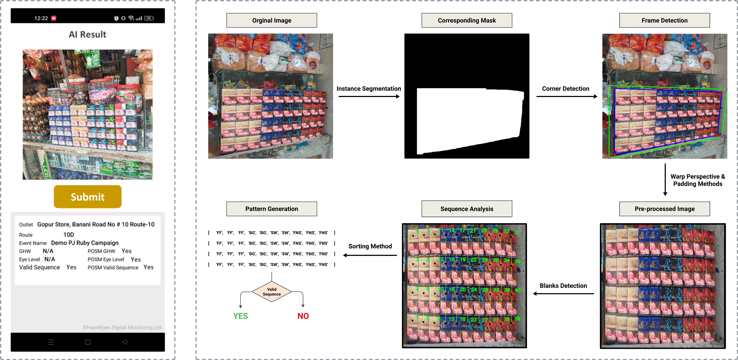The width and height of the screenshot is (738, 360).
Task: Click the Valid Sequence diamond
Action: (272, 292)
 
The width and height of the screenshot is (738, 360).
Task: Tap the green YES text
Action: (240, 316)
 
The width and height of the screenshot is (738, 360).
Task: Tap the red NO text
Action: (303, 316)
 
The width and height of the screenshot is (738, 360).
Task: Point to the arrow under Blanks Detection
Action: (563, 293)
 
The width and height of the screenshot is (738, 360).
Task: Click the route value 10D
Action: (68, 235)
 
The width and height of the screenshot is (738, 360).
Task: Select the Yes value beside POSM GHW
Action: (126, 251)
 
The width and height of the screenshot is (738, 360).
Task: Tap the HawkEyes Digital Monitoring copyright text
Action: (122, 327)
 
